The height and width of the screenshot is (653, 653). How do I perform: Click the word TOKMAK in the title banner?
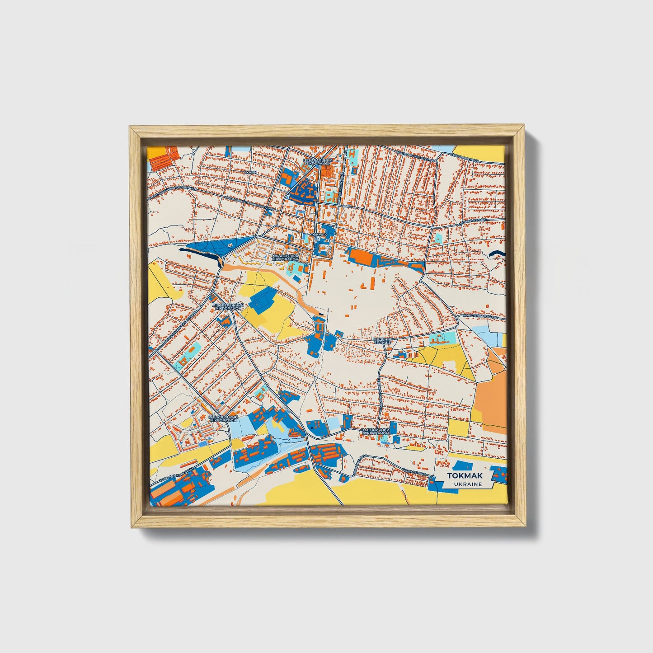[x=465, y=476]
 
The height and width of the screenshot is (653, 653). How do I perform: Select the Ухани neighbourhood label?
[x=250, y=172]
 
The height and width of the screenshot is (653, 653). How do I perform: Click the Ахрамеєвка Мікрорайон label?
[x=284, y=258]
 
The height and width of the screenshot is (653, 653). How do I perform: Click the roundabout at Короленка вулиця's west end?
[x=457, y=318]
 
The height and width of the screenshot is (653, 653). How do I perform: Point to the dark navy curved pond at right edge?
[x=497, y=254]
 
